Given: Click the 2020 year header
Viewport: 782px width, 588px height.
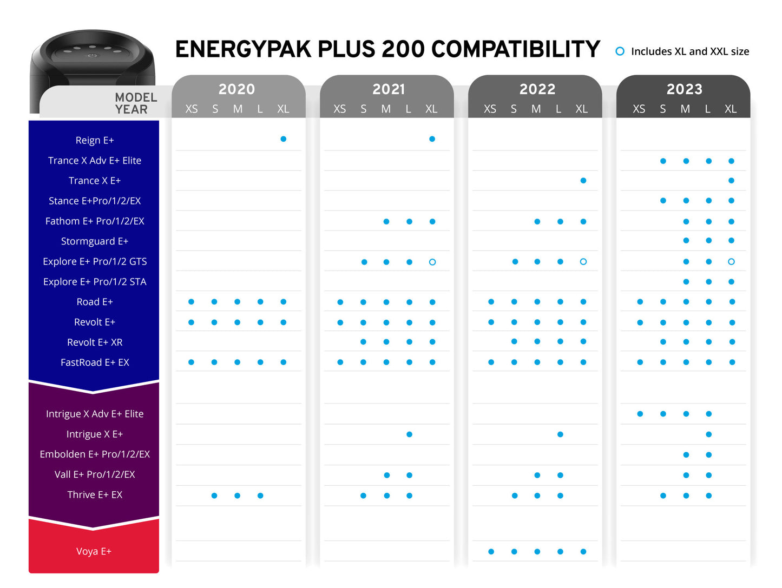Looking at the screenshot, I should pyautogui.click(x=236, y=89).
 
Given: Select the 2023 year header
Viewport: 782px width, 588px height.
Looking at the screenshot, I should pyautogui.click(x=684, y=89).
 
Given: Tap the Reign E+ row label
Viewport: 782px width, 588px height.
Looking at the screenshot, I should pyautogui.click(x=95, y=140).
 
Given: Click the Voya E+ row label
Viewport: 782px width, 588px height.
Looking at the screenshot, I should pyautogui.click(x=94, y=551).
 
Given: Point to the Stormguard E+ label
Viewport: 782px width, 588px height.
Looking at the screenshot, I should pyautogui.click(x=95, y=241).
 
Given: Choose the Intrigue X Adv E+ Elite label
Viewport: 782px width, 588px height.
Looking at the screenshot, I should pyautogui.click(x=95, y=414).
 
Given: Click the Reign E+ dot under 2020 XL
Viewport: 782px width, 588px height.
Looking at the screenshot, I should pyautogui.click(x=283, y=139).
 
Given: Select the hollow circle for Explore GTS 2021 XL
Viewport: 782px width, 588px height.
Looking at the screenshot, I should pyautogui.click(x=432, y=262).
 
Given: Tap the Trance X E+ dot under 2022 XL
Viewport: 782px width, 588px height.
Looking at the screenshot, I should pyautogui.click(x=583, y=181).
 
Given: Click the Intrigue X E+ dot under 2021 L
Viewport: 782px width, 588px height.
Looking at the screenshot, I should pyautogui.click(x=409, y=434).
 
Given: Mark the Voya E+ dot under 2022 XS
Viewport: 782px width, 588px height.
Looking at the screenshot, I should pyautogui.click(x=491, y=552).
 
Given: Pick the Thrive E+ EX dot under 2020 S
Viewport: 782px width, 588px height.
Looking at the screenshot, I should pyautogui.click(x=214, y=495).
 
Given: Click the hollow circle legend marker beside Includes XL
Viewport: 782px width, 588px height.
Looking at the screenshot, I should pyautogui.click(x=620, y=51).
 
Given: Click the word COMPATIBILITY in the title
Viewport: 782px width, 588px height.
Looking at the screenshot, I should pyautogui.click(x=515, y=49).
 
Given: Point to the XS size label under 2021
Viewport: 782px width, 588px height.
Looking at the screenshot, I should pyautogui.click(x=339, y=109).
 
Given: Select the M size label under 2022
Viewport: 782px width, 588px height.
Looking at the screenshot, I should pyautogui.click(x=536, y=109).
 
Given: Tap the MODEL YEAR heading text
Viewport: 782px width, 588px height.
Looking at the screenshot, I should pyautogui.click(x=135, y=103).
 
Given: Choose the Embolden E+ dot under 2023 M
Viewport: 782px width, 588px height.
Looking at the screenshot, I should pyautogui.click(x=686, y=455).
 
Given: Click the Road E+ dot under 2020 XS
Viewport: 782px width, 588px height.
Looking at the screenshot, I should pyautogui.click(x=191, y=302).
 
